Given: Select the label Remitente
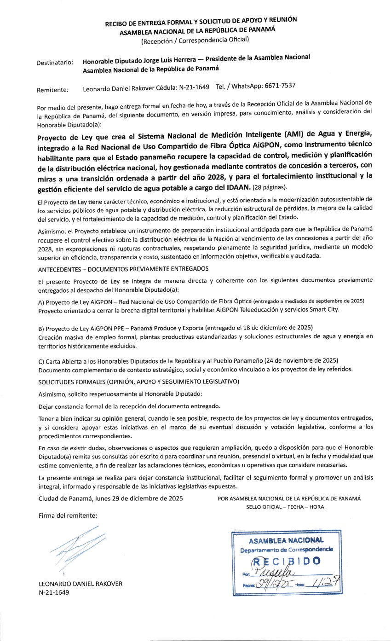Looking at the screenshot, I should point(52,90).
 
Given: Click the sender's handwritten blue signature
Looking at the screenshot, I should point(76,546).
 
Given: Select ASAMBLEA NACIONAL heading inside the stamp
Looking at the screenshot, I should point(286,541).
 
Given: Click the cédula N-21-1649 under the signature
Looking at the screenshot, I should point(54,593).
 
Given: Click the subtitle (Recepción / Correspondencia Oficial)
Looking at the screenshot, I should point(195,40).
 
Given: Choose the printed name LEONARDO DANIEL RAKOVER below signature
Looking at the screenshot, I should point(80,584).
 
